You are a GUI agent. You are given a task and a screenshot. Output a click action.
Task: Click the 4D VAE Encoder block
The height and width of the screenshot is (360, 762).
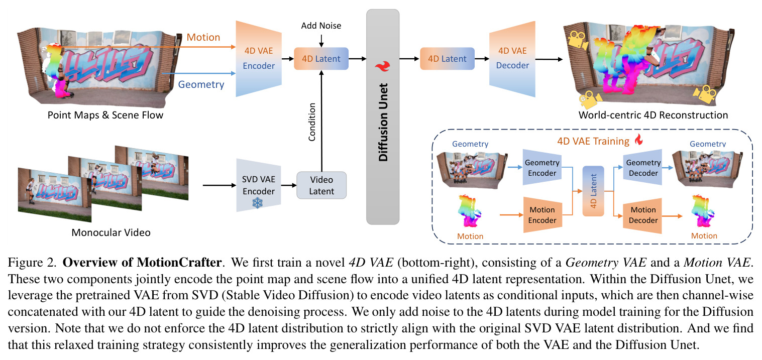pos(259,58)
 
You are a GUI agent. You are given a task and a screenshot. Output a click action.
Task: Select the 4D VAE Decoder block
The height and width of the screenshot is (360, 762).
pos(512,58)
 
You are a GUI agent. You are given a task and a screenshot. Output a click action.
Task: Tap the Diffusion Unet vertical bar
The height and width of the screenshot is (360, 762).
pos(383,116)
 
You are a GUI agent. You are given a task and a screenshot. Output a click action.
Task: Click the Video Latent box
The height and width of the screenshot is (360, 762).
pos(321,185)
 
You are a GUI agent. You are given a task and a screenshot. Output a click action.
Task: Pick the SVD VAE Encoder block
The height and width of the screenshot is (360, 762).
pos(259,185)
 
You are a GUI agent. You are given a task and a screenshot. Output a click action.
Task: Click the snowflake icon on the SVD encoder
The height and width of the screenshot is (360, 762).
pos(258,203)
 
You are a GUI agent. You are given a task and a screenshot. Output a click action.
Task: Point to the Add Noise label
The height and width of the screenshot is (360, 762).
pos(321,26)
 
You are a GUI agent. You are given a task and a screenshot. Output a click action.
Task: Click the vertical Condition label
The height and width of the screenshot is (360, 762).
pos(312,122)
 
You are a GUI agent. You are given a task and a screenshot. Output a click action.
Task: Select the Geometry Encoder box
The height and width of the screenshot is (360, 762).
pos(542,167)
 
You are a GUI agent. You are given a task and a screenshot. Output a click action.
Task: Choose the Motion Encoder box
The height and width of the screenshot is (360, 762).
pos(542,215)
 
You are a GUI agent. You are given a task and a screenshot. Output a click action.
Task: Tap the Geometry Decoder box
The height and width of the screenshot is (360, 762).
pos(643,167)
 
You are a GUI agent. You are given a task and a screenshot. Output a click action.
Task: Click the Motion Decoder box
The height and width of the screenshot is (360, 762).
pos(643,215)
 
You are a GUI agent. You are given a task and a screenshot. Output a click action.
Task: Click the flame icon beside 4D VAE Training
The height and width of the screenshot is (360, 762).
pos(639,139)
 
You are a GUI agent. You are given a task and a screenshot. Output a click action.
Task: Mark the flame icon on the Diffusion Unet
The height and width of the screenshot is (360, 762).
pos(383,66)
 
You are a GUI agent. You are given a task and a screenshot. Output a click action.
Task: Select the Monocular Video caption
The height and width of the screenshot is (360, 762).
pos(111,232)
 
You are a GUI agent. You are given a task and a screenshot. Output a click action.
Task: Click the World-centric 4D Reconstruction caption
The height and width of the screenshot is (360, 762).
pos(653,115)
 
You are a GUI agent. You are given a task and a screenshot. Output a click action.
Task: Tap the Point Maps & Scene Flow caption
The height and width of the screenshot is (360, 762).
pos(105,115)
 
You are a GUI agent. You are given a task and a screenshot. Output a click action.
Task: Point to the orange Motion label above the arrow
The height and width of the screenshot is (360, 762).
pos(203,37)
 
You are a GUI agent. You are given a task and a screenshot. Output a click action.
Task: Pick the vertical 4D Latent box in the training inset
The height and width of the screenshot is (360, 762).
pos(593,191)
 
